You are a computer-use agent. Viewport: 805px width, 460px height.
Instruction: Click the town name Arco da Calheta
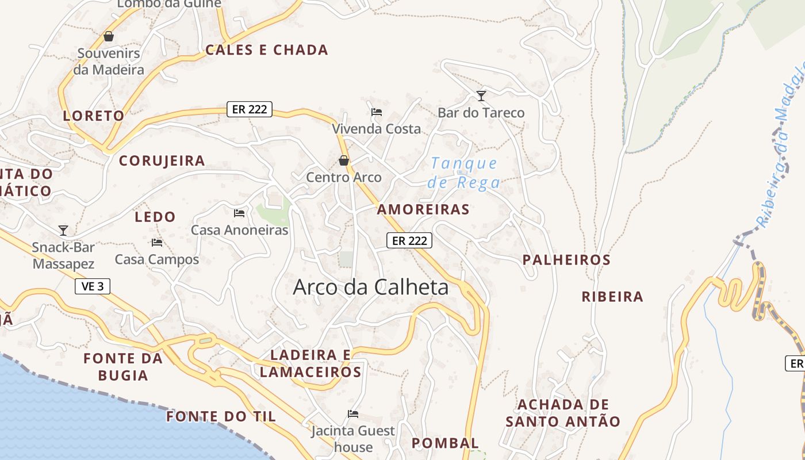pyautogui.click(x=371, y=287)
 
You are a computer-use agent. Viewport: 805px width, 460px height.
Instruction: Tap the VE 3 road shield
pyautogui.click(x=92, y=286)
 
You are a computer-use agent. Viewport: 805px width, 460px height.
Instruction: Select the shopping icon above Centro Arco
pyautogui.click(x=344, y=160)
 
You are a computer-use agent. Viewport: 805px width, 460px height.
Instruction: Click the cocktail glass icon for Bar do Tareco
pyautogui.click(x=481, y=96)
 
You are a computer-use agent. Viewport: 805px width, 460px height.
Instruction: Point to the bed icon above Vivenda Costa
pyautogui.click(x=377, y=112)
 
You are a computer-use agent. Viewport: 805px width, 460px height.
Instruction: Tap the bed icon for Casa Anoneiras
pyautogui.click(x=239, y=213)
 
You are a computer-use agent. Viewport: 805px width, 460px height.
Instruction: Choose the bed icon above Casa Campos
pyautogui.click(x=156, y=243)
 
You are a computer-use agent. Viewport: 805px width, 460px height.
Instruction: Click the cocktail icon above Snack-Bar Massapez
pyautogui.click(x=63, y=231)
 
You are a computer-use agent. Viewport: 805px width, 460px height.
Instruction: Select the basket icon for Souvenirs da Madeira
pyautogui.click(x=109, y=37)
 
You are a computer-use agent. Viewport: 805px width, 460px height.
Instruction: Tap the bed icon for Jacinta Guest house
pyautogui.click(x=353, y=414)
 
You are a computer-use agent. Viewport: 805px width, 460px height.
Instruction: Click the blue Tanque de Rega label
pyautogui.click(x=463, y=173)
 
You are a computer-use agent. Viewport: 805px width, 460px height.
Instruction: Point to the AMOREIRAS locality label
pyautogui.click(x=423, y=209)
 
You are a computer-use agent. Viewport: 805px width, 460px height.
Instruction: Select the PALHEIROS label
pyautogui.click(x=566, y=260)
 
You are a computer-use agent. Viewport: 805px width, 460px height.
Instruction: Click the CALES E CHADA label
pyautogui.click(x=267, y=50)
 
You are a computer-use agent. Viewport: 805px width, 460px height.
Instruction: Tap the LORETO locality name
pyautogui.click(x=94, y=116)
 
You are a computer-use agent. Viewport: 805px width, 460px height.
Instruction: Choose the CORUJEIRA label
pyautogui.click(x=162, y=161)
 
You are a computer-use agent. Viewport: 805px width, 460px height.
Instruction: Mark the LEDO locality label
pyautogui.click(x=155, y=217)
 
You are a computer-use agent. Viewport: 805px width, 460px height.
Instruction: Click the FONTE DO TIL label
pyautogui.click(x=221, y=416)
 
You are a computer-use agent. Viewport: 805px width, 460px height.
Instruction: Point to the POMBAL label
pyautogui.click(x=445, y=443)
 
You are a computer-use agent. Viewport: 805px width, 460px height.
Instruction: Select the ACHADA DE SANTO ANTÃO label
pyautogui.click(x=563, y=413)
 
